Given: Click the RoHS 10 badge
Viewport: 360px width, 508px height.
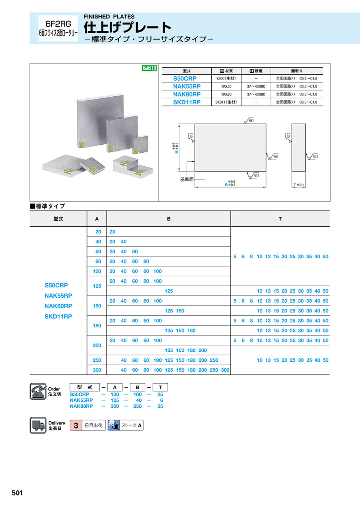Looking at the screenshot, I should (x=149, y=68).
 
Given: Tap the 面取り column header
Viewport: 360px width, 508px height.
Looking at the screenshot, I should (x=297, y=71).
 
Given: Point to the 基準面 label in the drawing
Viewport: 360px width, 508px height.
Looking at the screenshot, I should (x=187, y=179).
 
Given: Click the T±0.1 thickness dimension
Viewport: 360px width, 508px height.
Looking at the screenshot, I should (x=299, y=185).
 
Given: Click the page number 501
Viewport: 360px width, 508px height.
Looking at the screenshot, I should (x=17, y=493).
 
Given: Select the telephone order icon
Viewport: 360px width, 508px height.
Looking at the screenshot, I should (x=38, y=391).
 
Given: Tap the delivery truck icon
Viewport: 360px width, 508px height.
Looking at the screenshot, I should (x=38, y=425).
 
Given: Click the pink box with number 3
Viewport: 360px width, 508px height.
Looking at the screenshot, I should (x=76, y=425).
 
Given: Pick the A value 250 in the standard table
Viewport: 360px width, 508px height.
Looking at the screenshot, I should (x=97, y=360).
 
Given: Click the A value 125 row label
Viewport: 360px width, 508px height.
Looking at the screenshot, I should (x=97, y=286).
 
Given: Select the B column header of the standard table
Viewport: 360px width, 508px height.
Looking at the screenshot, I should (x=169, y=219).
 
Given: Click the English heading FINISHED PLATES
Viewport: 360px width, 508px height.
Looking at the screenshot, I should (x=109, y=17).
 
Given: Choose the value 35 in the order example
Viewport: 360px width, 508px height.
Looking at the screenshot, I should (x=160, y=406).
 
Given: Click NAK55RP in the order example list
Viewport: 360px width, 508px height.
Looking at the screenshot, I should (x=81, y=400).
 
